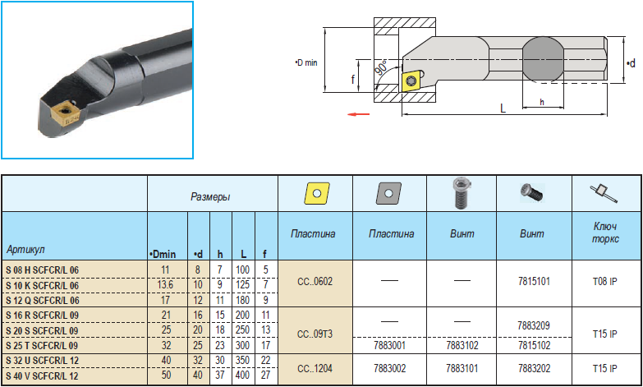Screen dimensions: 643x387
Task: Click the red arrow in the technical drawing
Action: (358, 114)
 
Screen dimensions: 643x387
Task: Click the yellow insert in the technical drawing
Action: (412, 81)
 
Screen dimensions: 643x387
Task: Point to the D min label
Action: (306, 62)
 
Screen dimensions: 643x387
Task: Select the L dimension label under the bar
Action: (503, 108)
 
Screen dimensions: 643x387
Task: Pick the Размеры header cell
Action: (210, 196)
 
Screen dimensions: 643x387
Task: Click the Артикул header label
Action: (25, 250)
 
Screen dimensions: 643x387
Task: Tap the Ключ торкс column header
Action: (605, 233)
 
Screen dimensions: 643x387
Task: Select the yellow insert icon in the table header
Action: (317, 193)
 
